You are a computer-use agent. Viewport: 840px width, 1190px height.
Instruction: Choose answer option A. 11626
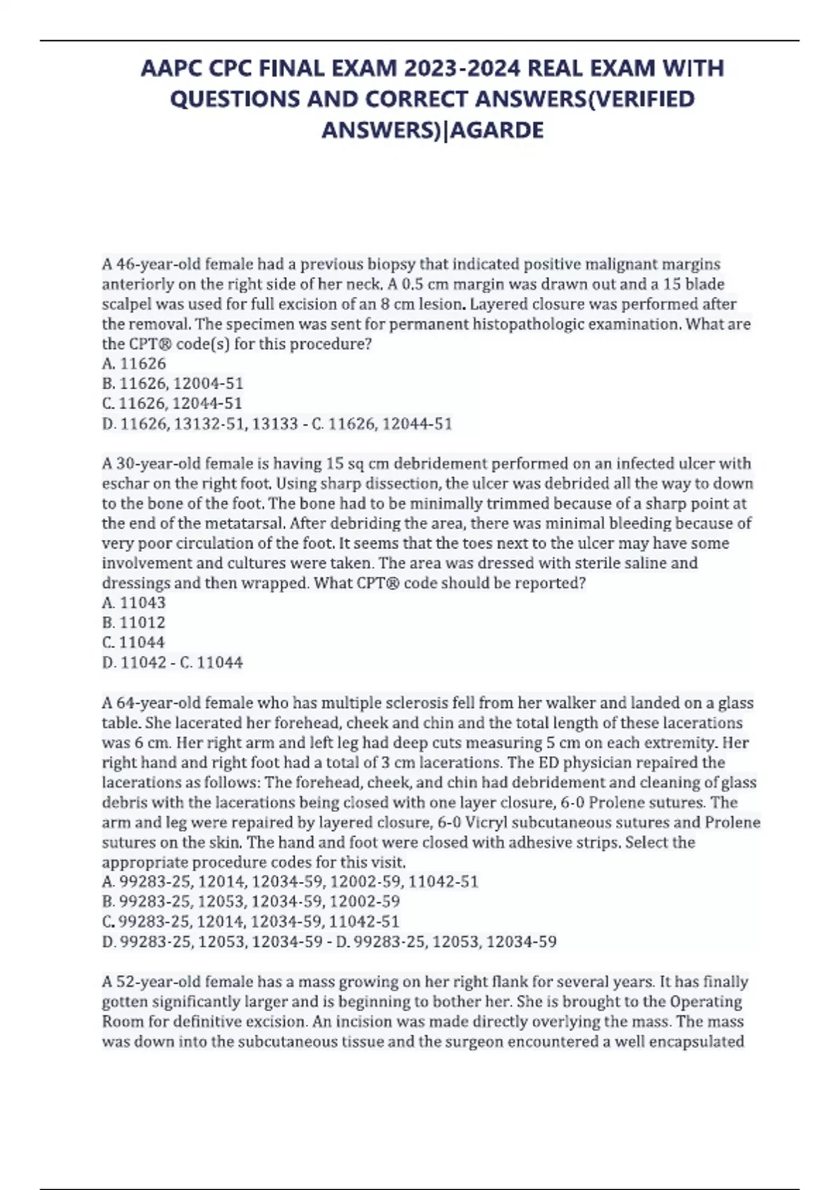coord(134,363)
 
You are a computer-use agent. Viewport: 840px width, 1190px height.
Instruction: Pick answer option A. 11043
coord(134,603)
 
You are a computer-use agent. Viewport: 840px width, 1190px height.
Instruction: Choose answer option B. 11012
coord(134,622)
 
